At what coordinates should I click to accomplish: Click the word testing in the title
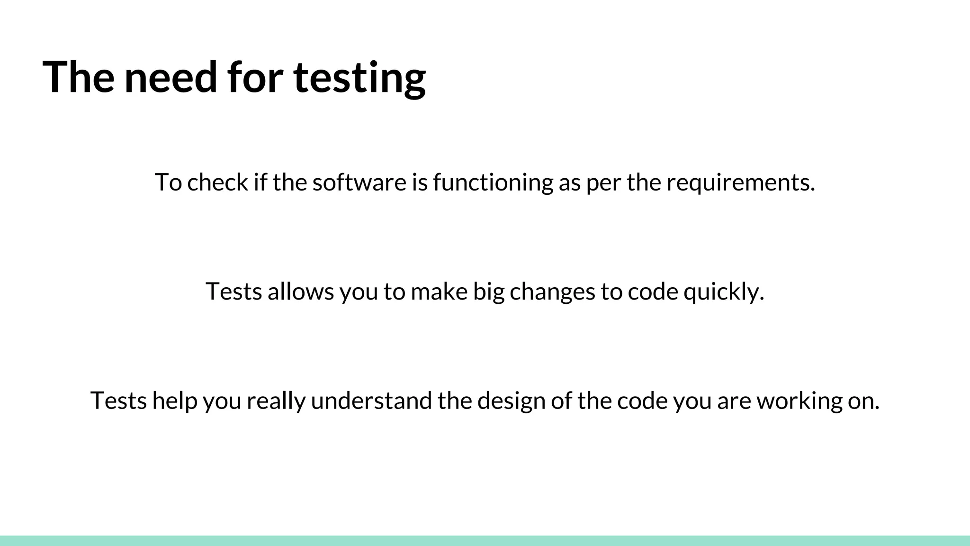[x=359, y=78]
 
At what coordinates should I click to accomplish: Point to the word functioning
[x=493, y=182]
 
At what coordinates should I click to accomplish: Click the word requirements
[x=741, y=182]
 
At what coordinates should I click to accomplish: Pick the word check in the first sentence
[x=217, y=182]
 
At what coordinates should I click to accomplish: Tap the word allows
[x=301, y=291]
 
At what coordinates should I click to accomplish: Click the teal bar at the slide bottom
[x=485, y=541]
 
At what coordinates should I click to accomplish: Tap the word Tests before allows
[x=234, y=291]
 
